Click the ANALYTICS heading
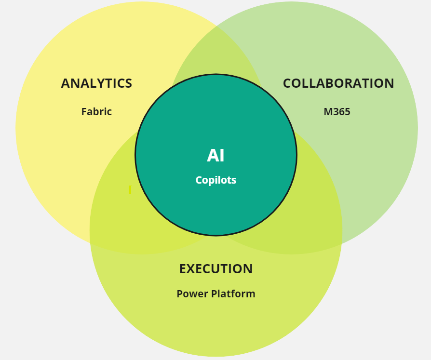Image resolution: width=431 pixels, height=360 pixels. tap(96, 83)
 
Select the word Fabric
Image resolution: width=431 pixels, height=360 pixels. tap(96, 112)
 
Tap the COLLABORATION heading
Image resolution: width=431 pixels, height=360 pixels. tap(338, 83)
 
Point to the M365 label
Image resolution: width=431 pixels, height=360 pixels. tap(337, 112)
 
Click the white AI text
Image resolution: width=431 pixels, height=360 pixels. tap(216, 156)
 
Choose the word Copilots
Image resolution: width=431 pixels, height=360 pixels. tap(216, 180)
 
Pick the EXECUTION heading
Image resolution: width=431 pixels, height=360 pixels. tap(216, 268)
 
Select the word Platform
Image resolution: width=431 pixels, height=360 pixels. tap(233, 293)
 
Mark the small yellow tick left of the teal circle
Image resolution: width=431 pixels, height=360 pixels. tap(130, 189)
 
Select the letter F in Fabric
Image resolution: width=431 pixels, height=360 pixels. tap(84, 112)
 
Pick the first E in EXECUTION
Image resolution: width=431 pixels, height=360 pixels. tap(183, 268)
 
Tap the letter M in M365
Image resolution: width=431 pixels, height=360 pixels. tap(328, 112)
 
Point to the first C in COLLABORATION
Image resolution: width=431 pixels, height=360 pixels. tap(287, 83)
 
